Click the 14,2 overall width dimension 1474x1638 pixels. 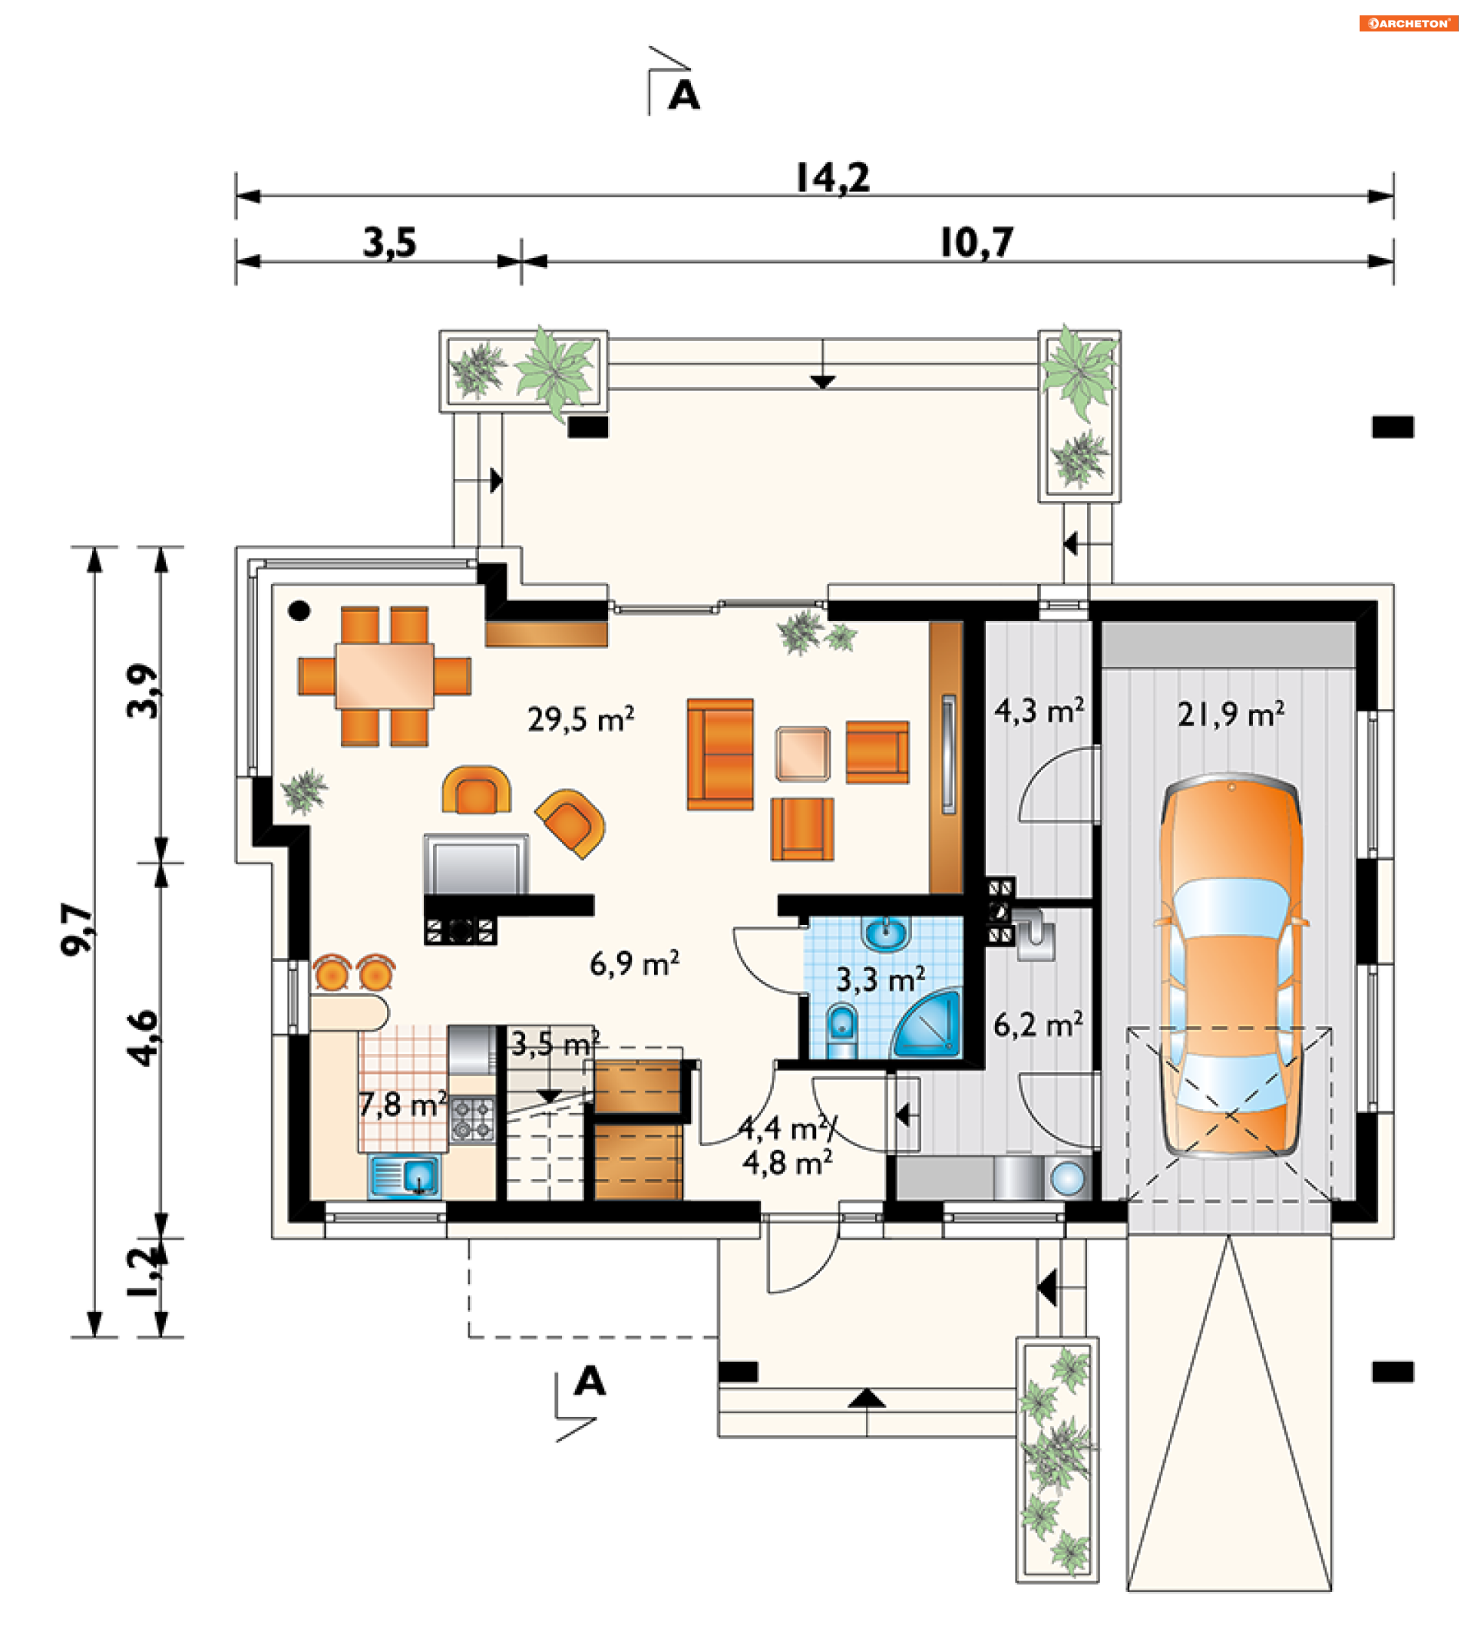tap(832, 178)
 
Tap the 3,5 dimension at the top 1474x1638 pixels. tap(389, 243)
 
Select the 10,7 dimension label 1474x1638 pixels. tap(977, 243)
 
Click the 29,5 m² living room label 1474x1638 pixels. tap(580, 719)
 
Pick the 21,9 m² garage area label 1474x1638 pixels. tap(1230, 713)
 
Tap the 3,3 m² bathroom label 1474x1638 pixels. tap(881, 979)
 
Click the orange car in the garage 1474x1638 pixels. tap(1230, 964)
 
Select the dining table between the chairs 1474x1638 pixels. tap(385, 675)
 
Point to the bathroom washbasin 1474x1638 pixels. tap(887, 933)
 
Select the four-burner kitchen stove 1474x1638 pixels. tap(472, 1119)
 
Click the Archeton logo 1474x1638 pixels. tap(1409, 24)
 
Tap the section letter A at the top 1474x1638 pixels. tap(683, 95)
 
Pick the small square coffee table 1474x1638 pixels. tap(802, 754)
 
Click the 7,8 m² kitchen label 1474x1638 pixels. tap(402, 1104)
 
